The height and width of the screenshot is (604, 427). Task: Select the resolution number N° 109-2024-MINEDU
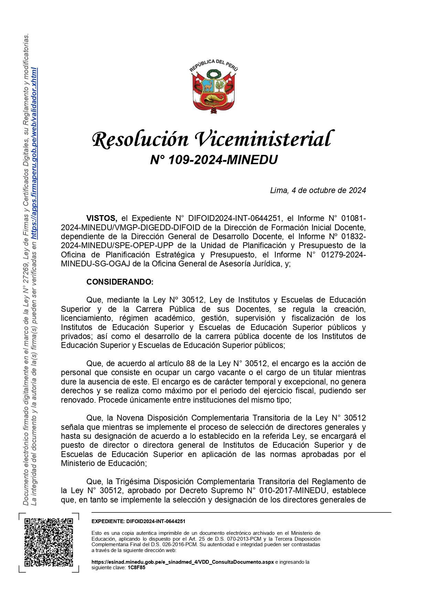(x=214, y=160)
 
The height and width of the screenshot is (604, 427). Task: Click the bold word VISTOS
(x=102, y=218)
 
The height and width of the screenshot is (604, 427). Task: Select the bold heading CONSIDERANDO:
(x=120, y=282)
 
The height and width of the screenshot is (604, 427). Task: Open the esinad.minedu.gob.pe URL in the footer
(x=182, y=562)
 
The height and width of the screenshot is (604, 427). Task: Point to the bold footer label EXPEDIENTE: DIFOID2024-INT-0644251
(x=138, y=522)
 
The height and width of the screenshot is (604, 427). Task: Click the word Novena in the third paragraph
(x=130, y=418)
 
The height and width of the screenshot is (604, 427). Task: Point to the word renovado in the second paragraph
(x=76, y=400)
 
